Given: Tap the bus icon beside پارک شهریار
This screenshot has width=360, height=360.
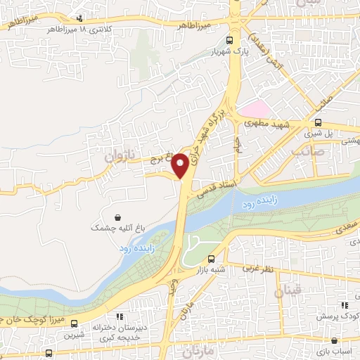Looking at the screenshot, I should pyautogui.click(x=229, y=41).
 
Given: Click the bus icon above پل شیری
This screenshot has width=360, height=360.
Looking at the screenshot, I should pyautogui.click(x=318, y=121).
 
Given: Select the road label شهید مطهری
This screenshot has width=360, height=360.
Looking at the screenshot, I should pyautogui.click(x=266, y=124).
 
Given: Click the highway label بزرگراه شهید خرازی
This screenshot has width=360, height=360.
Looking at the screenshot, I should pyautogui.click(x=207, y=134).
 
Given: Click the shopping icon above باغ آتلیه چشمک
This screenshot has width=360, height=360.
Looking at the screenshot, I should pyautogui.click(x=117, y=216).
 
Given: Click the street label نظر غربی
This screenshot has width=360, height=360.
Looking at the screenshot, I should pyautogui.click(x=257, y=268).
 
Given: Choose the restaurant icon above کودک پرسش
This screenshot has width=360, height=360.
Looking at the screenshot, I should pyautogui.click(x=345, y=304).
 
